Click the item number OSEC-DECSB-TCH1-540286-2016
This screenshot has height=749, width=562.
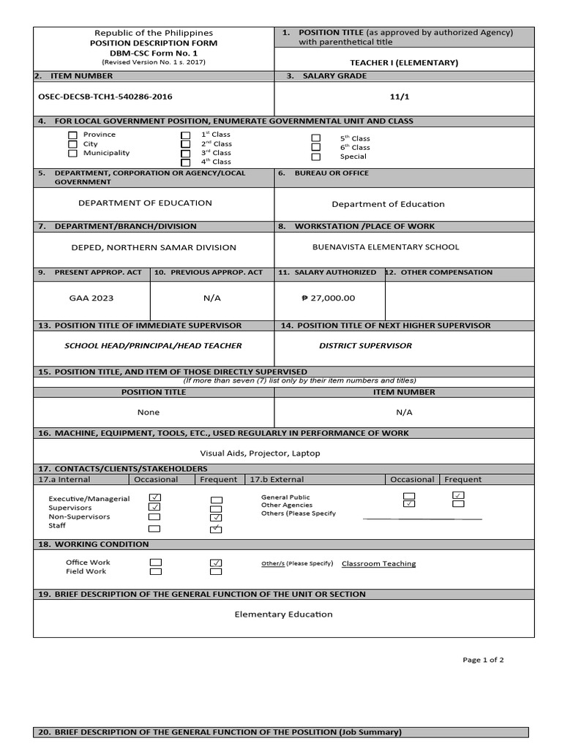105,96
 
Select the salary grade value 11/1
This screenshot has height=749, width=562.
404,96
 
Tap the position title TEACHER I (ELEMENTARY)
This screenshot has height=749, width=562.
404,63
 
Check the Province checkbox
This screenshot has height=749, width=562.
72,135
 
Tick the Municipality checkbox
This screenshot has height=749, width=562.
72,154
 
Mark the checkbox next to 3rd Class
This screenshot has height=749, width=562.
186,153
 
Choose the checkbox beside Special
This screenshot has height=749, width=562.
316,157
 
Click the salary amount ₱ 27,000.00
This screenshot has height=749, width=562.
328,298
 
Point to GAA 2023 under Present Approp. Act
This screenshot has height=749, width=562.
91,298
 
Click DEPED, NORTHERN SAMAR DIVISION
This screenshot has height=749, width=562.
154,248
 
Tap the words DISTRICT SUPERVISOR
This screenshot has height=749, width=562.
365,346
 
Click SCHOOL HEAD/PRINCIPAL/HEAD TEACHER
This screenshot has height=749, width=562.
153,346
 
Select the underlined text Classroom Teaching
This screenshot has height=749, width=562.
378,564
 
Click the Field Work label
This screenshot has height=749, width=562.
86,572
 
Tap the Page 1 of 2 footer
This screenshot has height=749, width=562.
483,660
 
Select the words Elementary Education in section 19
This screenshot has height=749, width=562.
283,614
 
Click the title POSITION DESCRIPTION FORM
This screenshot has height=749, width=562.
154,43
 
